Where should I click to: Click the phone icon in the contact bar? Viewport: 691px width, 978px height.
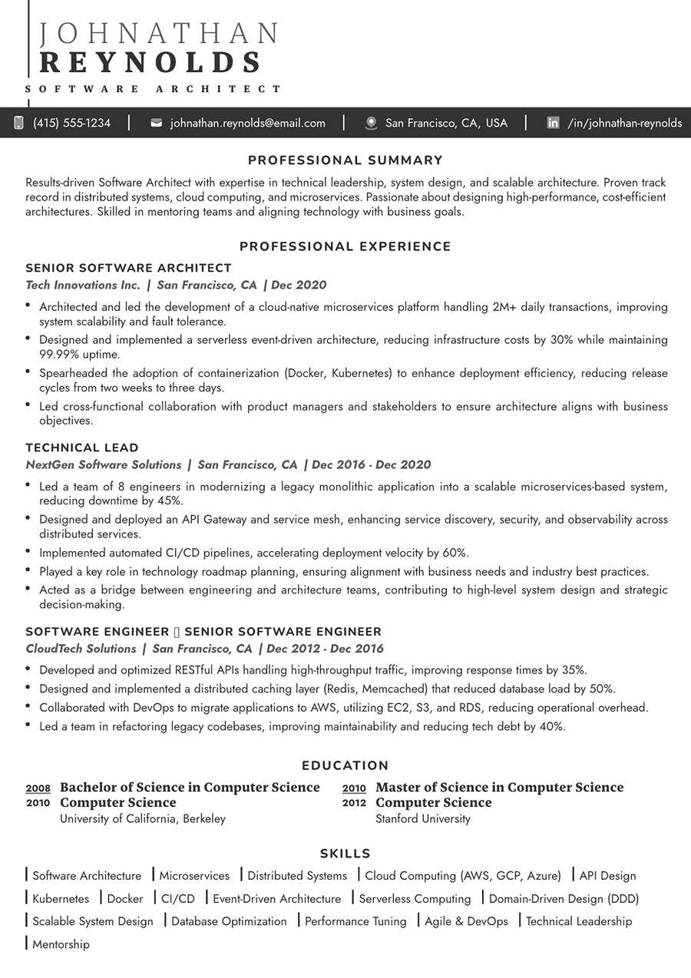[x=19, y=123]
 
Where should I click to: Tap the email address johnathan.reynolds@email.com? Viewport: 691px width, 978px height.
[x=247, y=123]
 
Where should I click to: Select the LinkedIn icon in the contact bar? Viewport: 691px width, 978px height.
[x=553, y=123]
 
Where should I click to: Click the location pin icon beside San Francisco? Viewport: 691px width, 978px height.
[x=372, y=123]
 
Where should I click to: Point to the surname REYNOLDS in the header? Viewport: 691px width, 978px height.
[x=150, y=62]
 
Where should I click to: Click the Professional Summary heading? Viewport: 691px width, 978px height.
[x=345, y=160]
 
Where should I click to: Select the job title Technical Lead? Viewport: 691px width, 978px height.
[x=82, y=448]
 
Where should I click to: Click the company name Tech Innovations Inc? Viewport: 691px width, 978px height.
[x=83, y=285]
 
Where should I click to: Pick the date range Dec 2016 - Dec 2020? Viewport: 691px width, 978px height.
[x=372, y=464]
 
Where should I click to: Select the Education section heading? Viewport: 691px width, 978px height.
[x=345, y=765]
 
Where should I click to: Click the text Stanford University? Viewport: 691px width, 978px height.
[x=423, y=818]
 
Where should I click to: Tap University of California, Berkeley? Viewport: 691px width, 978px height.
[x=143, y=818]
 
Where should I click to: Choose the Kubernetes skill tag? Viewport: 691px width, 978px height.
[x=61, y=898]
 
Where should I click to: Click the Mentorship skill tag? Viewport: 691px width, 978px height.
[x=61, y=944]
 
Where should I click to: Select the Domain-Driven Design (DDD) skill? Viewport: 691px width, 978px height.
[x=564, y=898]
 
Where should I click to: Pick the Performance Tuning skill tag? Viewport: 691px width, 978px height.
[x=355, y=921]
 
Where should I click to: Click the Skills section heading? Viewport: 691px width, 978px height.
[x=345, y=854]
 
